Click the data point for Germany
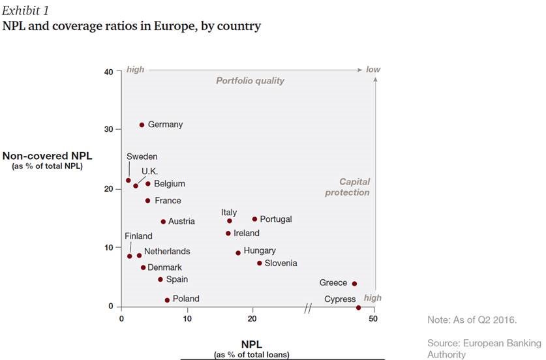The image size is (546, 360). coord(142,125)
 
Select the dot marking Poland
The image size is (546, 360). coord(167,300)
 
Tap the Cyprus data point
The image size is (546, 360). coord(359,307)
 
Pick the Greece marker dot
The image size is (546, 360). coord(354,284)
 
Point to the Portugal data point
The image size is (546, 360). coord(254,219)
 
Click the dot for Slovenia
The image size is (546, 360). coord(259,263)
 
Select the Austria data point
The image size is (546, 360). coord(163,222)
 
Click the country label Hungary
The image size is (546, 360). coord(260,250)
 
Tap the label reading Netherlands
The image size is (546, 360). coord(167,251)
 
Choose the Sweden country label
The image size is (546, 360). coord(142,157)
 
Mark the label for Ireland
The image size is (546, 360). coord(247,233)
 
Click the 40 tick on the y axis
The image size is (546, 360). coord(108,72)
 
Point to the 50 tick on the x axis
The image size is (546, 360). coord(373,319)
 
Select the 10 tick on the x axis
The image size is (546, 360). coord(187,319)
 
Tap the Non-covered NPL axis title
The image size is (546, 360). coord(47,156)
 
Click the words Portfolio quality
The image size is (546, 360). coord(250,81)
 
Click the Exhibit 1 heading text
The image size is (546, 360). coord(25,10)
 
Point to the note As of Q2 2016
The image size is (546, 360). coord(472,320)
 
